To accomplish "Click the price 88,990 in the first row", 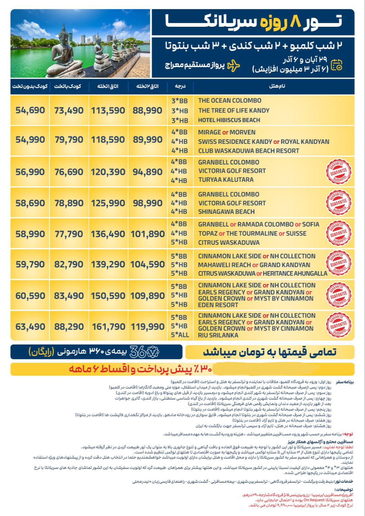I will coord(147,111).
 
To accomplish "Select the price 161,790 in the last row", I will coord(108,327).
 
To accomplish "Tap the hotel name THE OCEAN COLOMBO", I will coord(229,100).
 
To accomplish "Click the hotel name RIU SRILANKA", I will coord(218,335).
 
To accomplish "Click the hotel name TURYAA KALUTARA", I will coord(226,180).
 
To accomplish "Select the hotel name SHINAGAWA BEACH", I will coord(226,212).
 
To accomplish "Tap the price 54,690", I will coord(30,111).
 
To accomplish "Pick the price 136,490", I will coord(108,234).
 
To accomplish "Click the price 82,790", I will coord(69,264).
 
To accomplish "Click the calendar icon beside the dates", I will coord(337,64).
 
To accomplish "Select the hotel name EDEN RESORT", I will coord(218,305).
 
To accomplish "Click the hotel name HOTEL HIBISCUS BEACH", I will coord(229,120).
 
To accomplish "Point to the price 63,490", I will coord(30,327).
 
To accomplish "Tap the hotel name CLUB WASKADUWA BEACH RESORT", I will coord(248,151).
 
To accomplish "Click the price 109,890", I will coord(147,295).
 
